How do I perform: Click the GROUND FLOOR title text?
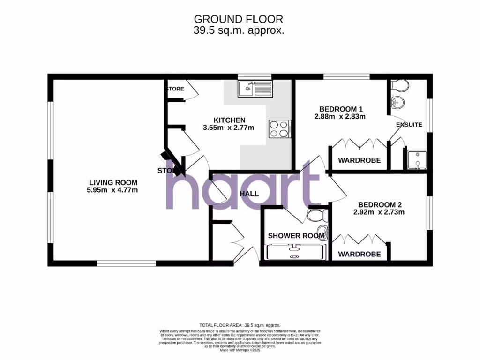239,19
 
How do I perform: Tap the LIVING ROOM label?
113,182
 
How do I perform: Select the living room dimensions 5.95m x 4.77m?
113,190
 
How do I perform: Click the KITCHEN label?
229,120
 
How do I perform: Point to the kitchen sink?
255,88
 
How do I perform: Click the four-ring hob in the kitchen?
280,129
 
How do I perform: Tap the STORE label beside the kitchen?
176,89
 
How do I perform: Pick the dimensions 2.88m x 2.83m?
339,116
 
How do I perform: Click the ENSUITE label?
409,125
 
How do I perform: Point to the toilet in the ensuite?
399,86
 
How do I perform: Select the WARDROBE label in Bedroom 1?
359,160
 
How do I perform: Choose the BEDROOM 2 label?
380,204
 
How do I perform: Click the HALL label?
249,194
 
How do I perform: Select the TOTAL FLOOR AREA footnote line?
240,325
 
